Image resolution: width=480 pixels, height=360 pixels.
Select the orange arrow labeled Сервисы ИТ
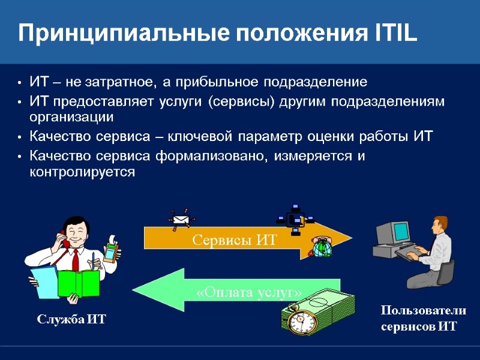coord(240,240)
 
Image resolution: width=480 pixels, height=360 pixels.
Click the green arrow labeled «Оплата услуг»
coord(240,292)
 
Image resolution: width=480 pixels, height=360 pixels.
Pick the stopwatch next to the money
coord(298,319)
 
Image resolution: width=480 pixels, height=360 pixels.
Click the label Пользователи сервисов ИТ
coord(424,319)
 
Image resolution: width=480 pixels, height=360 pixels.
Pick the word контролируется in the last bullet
coord(82,172)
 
